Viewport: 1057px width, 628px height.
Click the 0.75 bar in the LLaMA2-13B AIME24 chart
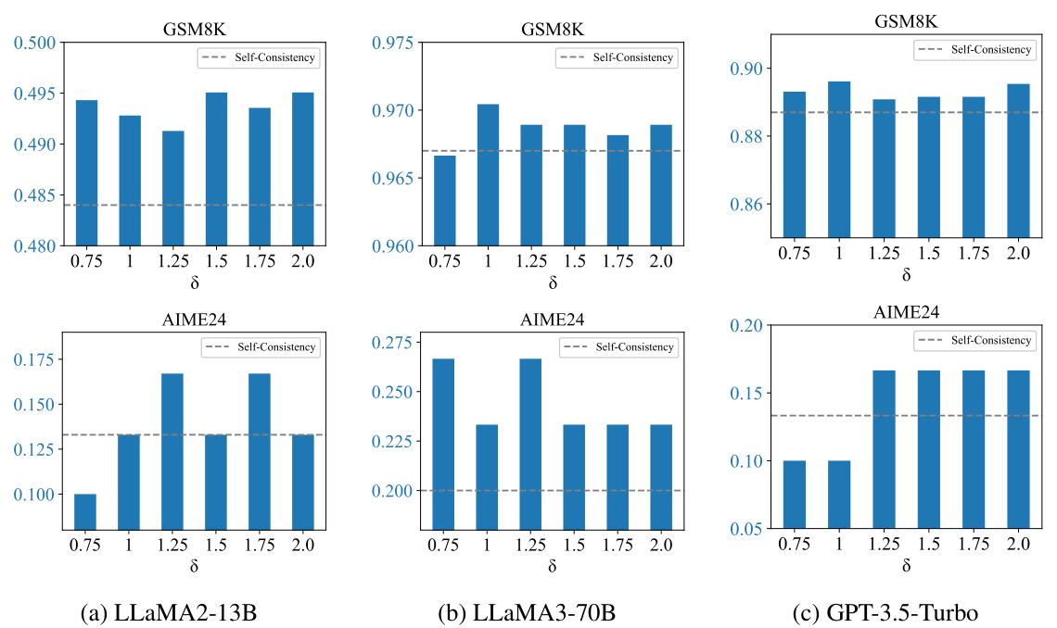[85, 511]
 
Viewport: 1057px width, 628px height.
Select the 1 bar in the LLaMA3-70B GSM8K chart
[488, 175]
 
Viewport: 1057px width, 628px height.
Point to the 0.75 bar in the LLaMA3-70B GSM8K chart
[444, 200]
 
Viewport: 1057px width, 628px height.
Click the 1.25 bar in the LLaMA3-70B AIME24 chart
[531, 444]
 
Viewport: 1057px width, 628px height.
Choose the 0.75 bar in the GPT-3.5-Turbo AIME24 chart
[795, 495]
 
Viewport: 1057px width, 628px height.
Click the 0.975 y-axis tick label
[391, 43]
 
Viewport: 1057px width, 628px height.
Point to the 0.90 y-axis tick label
[749, 69]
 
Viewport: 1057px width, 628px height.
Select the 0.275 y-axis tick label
[391, 344]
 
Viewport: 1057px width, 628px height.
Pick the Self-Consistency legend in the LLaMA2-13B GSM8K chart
[258, 57]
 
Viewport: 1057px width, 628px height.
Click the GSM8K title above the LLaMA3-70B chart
[553, 28]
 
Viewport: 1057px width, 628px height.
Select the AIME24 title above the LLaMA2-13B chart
[194, 320]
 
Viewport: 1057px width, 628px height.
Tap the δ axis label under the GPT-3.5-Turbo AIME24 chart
[905, 563]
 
